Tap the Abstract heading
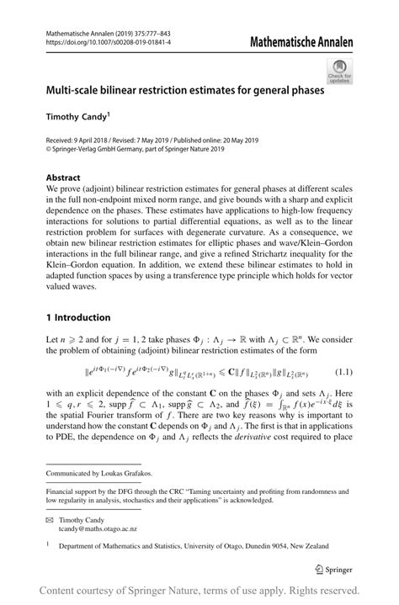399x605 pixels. (64, 179)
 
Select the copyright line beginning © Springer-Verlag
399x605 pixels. (136, 148)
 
